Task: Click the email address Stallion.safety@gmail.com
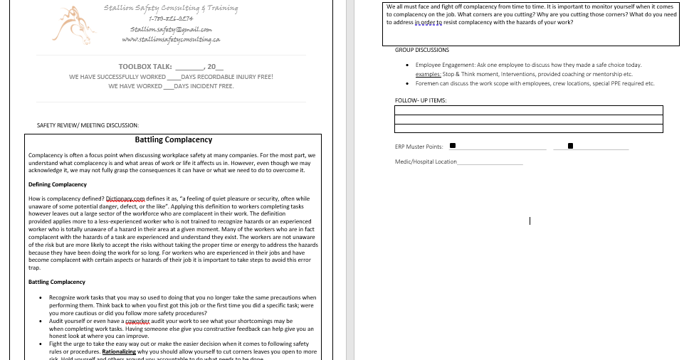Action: click(171, 29)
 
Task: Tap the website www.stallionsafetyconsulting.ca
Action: click(171, 39)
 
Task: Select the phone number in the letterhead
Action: click(171, 18)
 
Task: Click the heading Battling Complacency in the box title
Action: click(174, 140)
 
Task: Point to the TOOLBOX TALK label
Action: click(145, 67)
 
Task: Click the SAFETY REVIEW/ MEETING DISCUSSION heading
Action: click(88, 125)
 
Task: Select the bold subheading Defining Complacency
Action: click(58, 185)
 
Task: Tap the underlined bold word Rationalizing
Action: click(119, 351)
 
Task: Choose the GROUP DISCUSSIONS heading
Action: click(422, 51)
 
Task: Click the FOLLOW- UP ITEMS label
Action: click(421, 100)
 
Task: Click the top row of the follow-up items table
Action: click(528, 110)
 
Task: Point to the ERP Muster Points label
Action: click(419, 147)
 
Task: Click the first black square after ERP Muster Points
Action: click(453, 147)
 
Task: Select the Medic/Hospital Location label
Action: click(426, 162)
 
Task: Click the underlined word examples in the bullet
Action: click(428, 74)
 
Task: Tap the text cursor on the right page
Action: click(530, 221)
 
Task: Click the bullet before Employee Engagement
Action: click(406, 65)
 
